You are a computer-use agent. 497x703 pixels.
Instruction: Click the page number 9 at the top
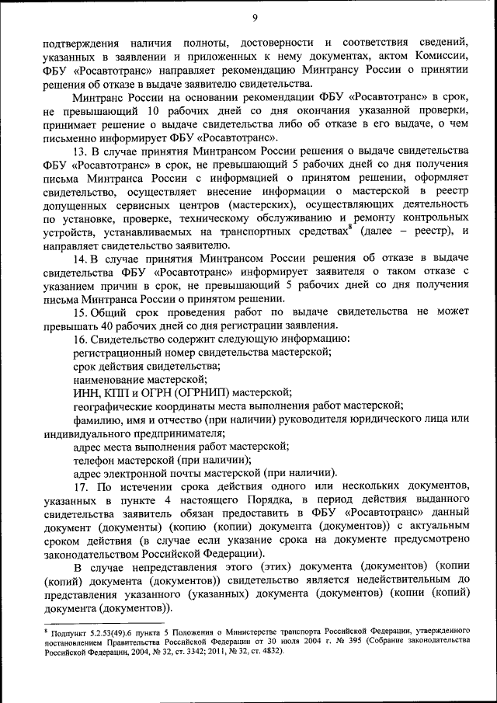(x=255, y=19)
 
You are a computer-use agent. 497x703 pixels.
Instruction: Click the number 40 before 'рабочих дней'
(x=104, y=325)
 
